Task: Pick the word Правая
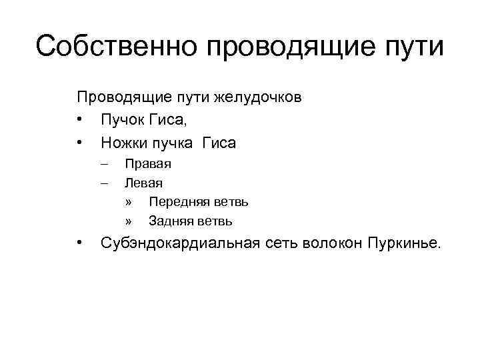(x=148, y=163)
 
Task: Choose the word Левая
(x=143, y=182)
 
